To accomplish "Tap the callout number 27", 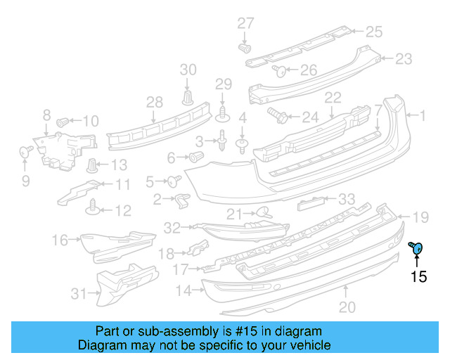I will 245,23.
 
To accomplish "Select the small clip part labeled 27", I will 245,49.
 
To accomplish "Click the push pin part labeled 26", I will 279,70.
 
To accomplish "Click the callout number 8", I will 46,114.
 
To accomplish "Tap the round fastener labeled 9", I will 25,150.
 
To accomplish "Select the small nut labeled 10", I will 63,121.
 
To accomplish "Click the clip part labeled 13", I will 92,166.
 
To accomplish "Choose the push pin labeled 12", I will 92,206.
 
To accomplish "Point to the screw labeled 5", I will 171,180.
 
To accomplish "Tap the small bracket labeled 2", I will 181,200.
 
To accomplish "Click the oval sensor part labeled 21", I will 263,212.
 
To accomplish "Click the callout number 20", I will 346,307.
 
